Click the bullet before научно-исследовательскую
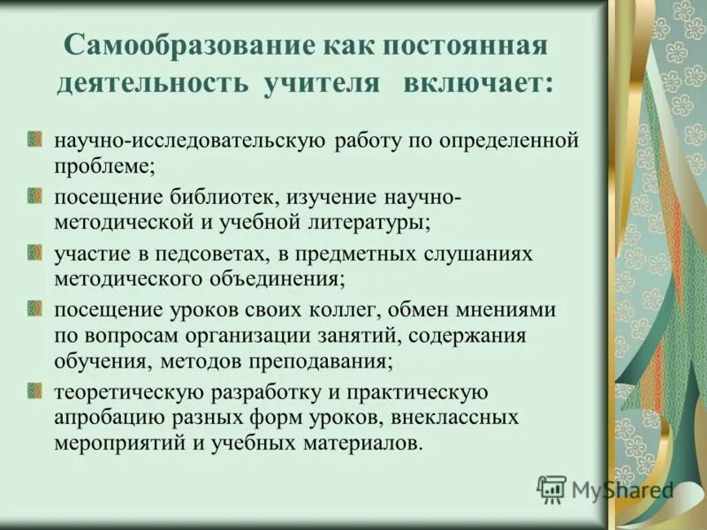(x=34, y=140)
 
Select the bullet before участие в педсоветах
(x=34, y=253)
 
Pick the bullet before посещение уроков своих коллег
(x=34, y=309)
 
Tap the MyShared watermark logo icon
(x=552, y=488)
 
